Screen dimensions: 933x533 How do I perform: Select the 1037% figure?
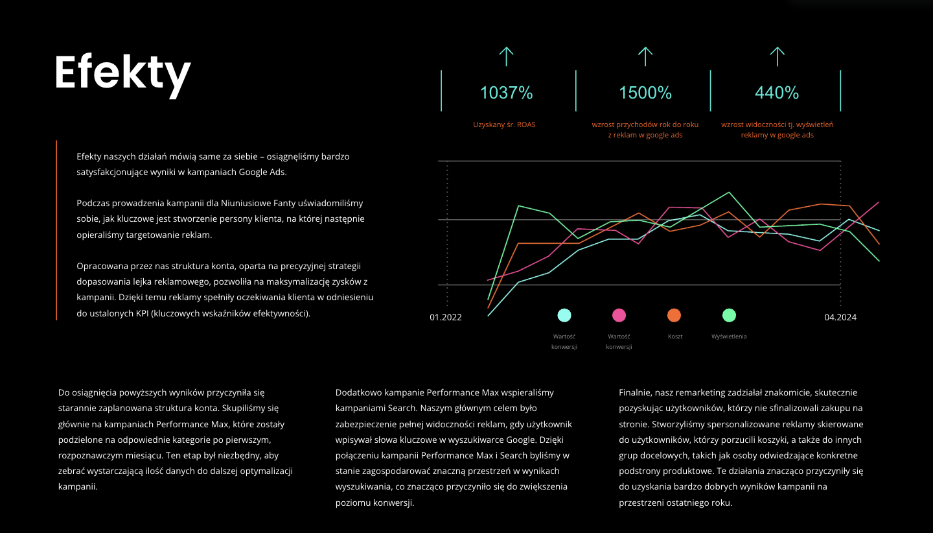[x=506, y=93]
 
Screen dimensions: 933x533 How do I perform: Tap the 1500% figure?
[x=645, y=93]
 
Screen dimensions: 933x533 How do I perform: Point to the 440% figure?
[x=777, y=93]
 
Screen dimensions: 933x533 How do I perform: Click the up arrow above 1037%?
[x=506, y=56]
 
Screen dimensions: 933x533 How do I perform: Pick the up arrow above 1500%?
[x=645, y=56]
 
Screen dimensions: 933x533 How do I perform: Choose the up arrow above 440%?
[x=777, y=56]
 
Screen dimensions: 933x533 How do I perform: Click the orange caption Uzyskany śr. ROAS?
[x=504, y=124]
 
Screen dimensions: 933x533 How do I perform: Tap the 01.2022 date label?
[x=446, y=317]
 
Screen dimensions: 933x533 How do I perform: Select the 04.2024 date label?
[x=840, y=317]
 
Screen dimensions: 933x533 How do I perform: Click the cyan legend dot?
[x=564, y=315]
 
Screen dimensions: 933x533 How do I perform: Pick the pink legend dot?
[x=619, y=315]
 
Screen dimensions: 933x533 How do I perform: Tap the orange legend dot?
[x=674, y=315]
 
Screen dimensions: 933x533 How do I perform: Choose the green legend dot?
[x=729, y=315]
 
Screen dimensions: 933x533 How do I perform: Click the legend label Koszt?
[x=675, y=337]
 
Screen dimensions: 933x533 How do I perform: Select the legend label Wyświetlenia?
[x=729, y=337]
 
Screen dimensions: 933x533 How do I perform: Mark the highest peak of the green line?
[x=728, y=192]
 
